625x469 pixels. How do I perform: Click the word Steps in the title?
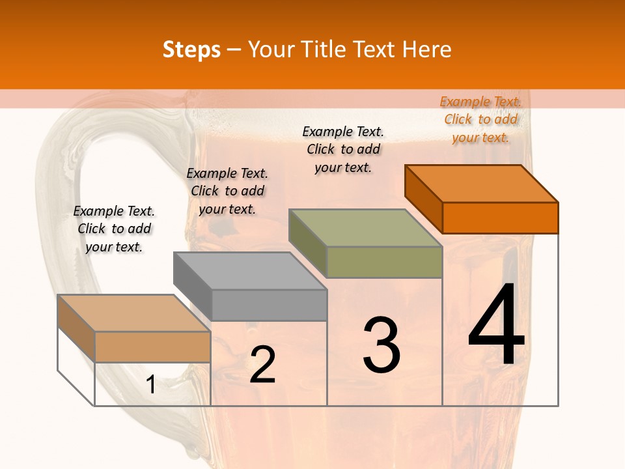point(191,50)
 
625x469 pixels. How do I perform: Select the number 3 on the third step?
point(382,345)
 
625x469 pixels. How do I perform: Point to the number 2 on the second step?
point(262,365)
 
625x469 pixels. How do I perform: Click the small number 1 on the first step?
point(150,385)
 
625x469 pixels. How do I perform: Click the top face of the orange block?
point(482,183)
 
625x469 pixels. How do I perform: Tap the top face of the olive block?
point(365,228)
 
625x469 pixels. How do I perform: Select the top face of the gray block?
point(250,270)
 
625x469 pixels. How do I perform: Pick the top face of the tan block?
point(134,313)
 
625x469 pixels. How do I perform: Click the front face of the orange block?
point(500,218)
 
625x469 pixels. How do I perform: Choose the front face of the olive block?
point(384,262)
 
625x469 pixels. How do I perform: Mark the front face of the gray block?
point(269,305)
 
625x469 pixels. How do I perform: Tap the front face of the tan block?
point(152,347)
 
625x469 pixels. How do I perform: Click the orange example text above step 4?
point(480,119)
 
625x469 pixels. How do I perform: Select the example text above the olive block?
point(343,149)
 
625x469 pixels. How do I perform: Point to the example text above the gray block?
point(227,191)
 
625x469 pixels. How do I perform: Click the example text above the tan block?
point(114,229)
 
